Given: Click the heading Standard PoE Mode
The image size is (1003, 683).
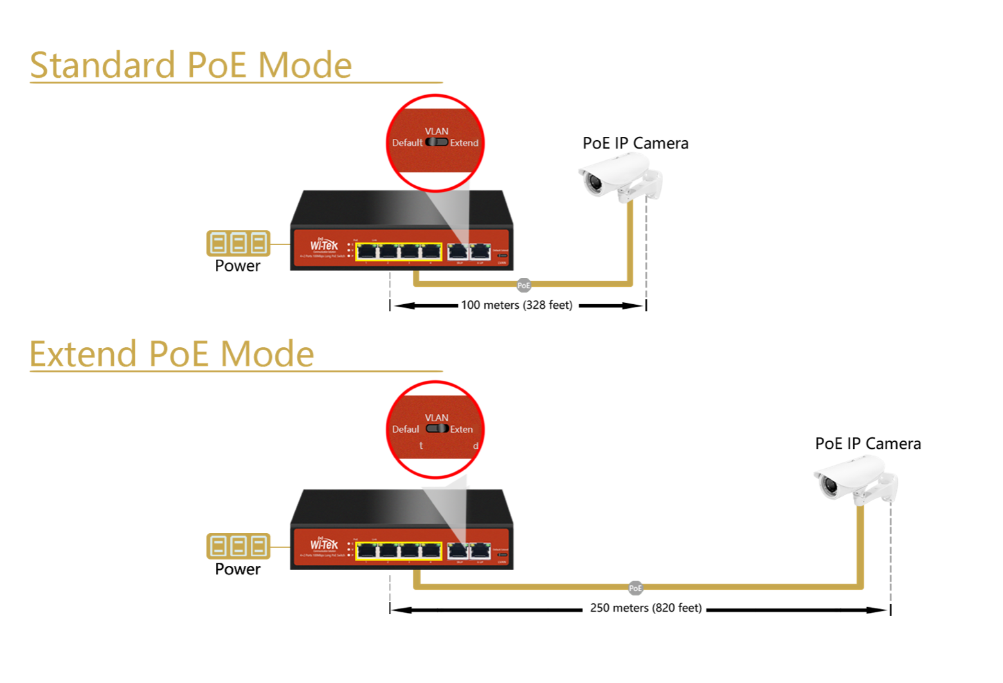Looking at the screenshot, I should [x=191, y=66].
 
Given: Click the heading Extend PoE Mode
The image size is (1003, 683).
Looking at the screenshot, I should [x=172, y=354].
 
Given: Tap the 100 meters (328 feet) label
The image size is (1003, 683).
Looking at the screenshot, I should [x=516, y=305].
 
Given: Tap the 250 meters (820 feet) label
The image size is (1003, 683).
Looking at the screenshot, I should [x=646, y=608].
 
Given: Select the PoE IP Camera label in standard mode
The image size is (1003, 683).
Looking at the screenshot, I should [x=635, y=143].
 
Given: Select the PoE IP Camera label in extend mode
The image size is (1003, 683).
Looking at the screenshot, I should [x=867, y=444].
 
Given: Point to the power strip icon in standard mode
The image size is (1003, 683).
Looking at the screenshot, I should [x=238, y=243].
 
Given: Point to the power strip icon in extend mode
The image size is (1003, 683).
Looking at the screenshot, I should [x=238, y=546].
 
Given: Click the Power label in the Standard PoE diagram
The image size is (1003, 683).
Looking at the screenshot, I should [x=237, y=266].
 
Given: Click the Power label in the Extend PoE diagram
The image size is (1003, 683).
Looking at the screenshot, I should [x=237, y=569].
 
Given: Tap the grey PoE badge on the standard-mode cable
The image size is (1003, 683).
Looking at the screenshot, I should [x=524, y=285].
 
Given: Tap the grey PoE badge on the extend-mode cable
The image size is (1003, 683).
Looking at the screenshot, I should [x=635, y=588].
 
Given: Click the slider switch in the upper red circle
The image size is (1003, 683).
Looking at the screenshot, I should [x=437, y=142].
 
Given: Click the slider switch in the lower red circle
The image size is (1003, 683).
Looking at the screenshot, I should [x=437, y=428].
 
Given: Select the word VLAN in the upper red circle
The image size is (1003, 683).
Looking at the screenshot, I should [x=437, y=131].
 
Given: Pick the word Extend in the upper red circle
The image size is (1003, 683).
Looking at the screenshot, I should [x=464, y=143].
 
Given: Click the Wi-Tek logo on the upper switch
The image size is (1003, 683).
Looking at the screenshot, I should [x=324, y=245].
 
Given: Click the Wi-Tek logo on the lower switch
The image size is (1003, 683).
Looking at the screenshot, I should [x=324, y=545].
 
